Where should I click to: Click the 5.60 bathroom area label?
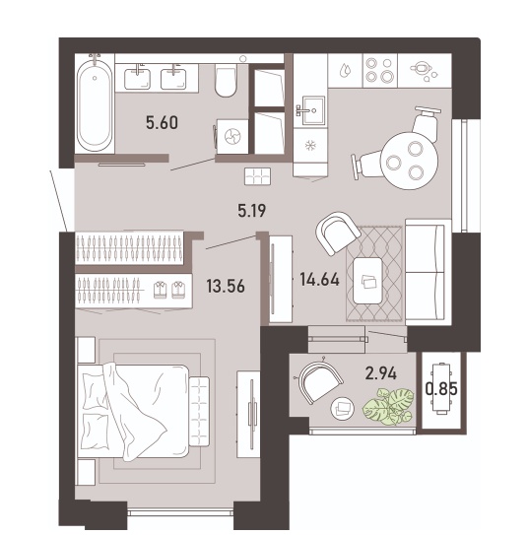point(162,123)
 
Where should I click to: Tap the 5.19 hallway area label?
point(252,211)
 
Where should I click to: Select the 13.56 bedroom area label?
point(226,286)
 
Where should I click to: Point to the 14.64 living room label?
point(319,280)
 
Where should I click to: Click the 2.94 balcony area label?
point(380,373)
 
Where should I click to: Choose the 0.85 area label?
point(441,388)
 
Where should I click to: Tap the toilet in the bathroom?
point(226,82)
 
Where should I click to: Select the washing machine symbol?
point(232,137)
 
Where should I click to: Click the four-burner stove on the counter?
point(379,71)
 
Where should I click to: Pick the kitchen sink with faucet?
point(311,110)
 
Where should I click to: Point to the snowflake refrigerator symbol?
point(310,146)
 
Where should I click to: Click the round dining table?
point(409,161)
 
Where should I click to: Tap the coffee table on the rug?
point(367,281)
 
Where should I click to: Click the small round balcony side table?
point(343,408)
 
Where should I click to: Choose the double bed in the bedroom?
point(133,411)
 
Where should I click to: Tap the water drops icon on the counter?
point(345,71)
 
